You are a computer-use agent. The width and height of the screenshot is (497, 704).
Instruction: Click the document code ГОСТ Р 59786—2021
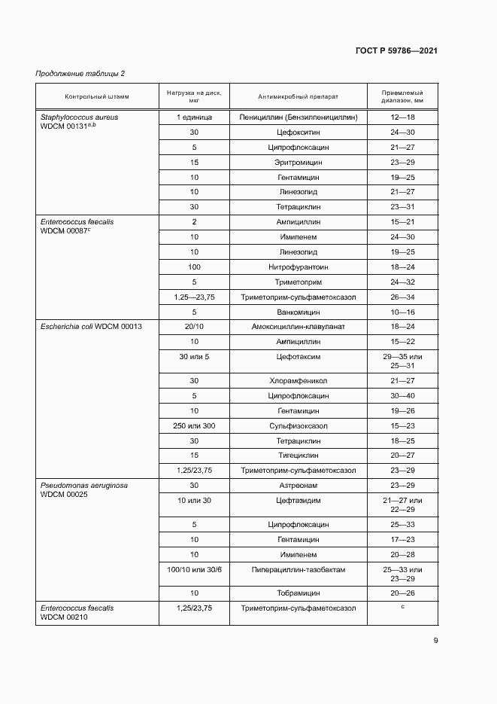396,50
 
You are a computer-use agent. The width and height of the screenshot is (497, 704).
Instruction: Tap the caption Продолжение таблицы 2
80,73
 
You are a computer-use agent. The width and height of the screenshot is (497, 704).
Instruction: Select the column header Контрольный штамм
97,97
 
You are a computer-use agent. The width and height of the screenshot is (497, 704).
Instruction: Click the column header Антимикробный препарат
298,97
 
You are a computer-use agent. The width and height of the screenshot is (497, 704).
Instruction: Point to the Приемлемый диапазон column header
402,96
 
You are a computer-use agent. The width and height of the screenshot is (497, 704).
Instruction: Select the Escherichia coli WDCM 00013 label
90,326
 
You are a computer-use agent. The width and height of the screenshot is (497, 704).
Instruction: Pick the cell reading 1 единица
194,118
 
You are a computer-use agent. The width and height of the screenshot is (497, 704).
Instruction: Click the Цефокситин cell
298,133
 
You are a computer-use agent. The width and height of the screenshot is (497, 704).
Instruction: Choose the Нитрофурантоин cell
298,267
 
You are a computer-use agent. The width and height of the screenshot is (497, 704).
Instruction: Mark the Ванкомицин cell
298,311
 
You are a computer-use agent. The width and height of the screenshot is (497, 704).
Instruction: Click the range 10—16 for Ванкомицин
402,311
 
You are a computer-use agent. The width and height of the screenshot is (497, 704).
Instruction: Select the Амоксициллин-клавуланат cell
298,326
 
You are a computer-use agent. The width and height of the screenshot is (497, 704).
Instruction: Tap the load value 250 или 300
194,425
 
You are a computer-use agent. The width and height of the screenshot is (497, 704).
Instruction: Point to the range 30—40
402,395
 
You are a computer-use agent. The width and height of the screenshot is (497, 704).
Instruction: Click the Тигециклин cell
298,456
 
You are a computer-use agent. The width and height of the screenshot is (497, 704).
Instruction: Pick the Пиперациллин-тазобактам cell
298,570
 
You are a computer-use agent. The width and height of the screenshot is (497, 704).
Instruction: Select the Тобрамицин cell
298,593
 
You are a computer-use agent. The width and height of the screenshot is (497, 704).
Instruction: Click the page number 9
435,642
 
